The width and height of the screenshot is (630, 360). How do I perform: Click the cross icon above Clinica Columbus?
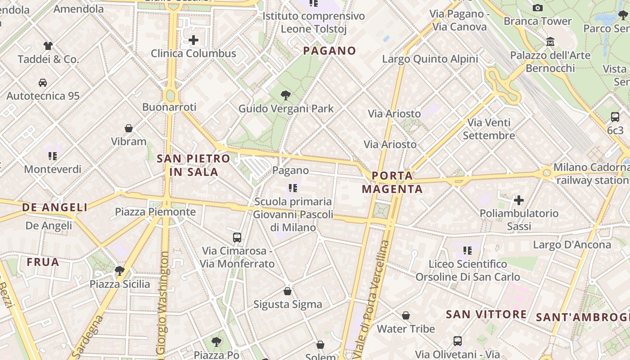193,40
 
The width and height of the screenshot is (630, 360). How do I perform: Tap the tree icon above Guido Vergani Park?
285,95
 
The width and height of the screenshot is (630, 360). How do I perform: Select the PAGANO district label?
329,51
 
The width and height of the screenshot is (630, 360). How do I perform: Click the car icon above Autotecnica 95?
43,82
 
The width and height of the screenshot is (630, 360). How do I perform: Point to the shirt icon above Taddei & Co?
48,45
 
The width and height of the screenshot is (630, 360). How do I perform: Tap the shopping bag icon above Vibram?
129,128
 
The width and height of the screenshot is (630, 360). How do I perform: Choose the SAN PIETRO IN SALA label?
193,165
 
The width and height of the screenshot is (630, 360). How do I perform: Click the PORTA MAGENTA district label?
392,182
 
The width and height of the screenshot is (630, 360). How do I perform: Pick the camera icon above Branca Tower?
537,8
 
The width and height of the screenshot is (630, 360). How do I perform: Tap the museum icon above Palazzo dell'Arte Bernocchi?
550,42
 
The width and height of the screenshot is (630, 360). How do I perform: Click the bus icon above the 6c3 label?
615,117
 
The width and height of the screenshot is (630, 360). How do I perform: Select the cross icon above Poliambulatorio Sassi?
519,200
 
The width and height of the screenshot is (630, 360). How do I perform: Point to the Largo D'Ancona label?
572,245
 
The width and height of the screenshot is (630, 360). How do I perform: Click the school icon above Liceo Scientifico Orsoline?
468,250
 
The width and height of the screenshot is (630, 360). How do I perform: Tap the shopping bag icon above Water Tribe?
406,315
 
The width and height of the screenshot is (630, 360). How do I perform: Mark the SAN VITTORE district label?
486,315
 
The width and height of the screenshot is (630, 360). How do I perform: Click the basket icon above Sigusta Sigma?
288,291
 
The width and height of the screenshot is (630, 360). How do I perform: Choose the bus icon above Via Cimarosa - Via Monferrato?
237,237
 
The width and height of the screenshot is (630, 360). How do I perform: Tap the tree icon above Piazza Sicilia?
119,270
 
